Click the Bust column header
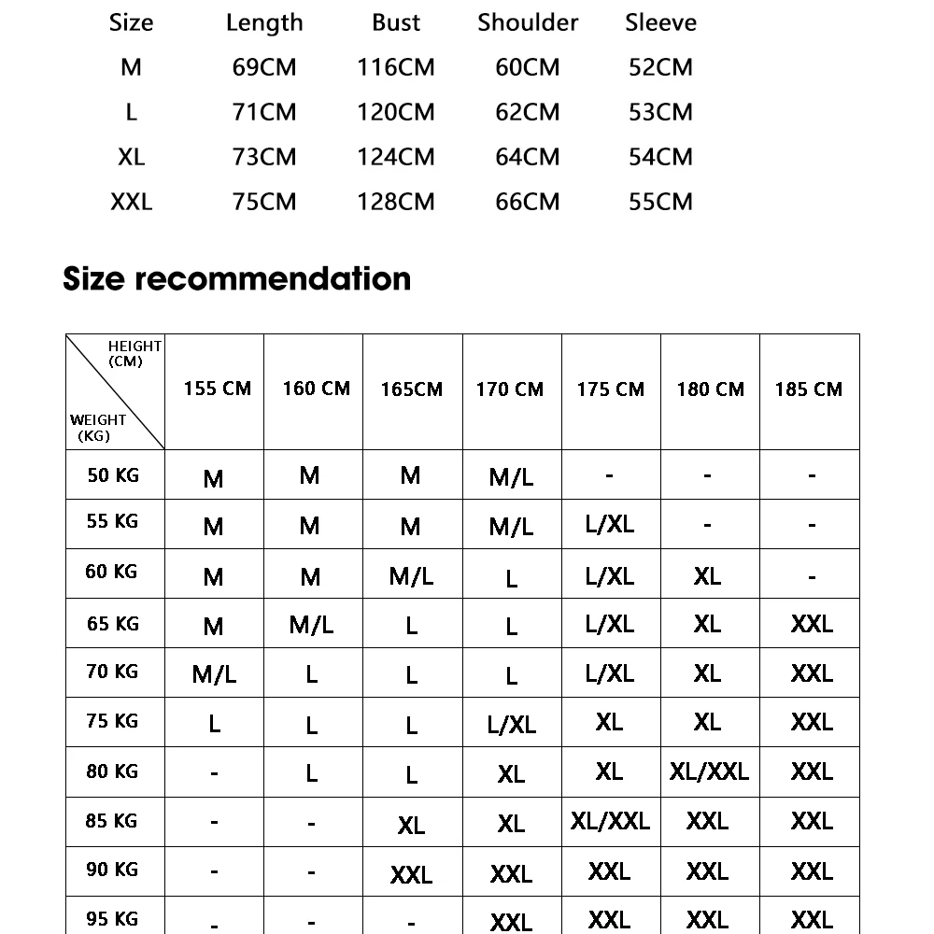pyautogui.click(x=396, y=22)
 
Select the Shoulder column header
pyautogui.click(x=528, y=22)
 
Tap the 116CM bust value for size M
pyautogui.click(x=396, y=67)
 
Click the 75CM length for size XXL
pyautogui.click(x=264, y=202)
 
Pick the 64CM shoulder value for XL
pyautogui.click(x=528, y=157)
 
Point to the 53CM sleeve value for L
pyautogui.click(x=660, y=112)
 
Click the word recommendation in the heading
pyautogui.click(x=274, y=278)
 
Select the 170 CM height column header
pyautogui.click(x=510, y=389)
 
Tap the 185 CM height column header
pyautogui.click(x=809, y=389)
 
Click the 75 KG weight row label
pyautogui.click(x=112, y=721)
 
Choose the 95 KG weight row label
pyautogui.click(x=112, y=919)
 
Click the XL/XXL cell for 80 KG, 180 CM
pyautogui.click(x=709, y=771)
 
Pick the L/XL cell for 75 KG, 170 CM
pyautogui.click(x=512, y=725)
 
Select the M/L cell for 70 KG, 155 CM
pyautogui.click(x=214, y=674)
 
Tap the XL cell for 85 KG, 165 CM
pyautogui.click(x=411, y=825)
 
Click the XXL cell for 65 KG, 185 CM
pyautogui.click(x=811, y=623)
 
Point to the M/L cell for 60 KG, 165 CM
pyautogui.click(x=411, y=576)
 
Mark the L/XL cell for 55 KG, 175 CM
pyautogui.click(x=609, y=525)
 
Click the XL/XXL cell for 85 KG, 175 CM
pyautogui.click(x=610, y=821)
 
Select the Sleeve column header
pyautogui.click(x=660, y=22)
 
